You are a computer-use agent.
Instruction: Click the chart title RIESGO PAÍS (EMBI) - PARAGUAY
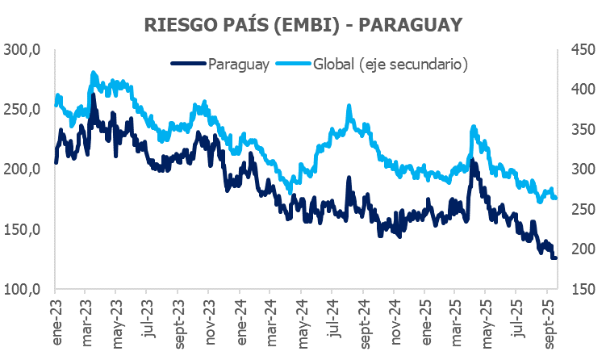tap(303, 24)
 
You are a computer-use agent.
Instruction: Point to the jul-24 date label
tap(332, 321)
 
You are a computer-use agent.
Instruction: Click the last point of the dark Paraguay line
tap(555, 257)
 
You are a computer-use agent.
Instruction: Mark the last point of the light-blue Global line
tap(555, 198)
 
